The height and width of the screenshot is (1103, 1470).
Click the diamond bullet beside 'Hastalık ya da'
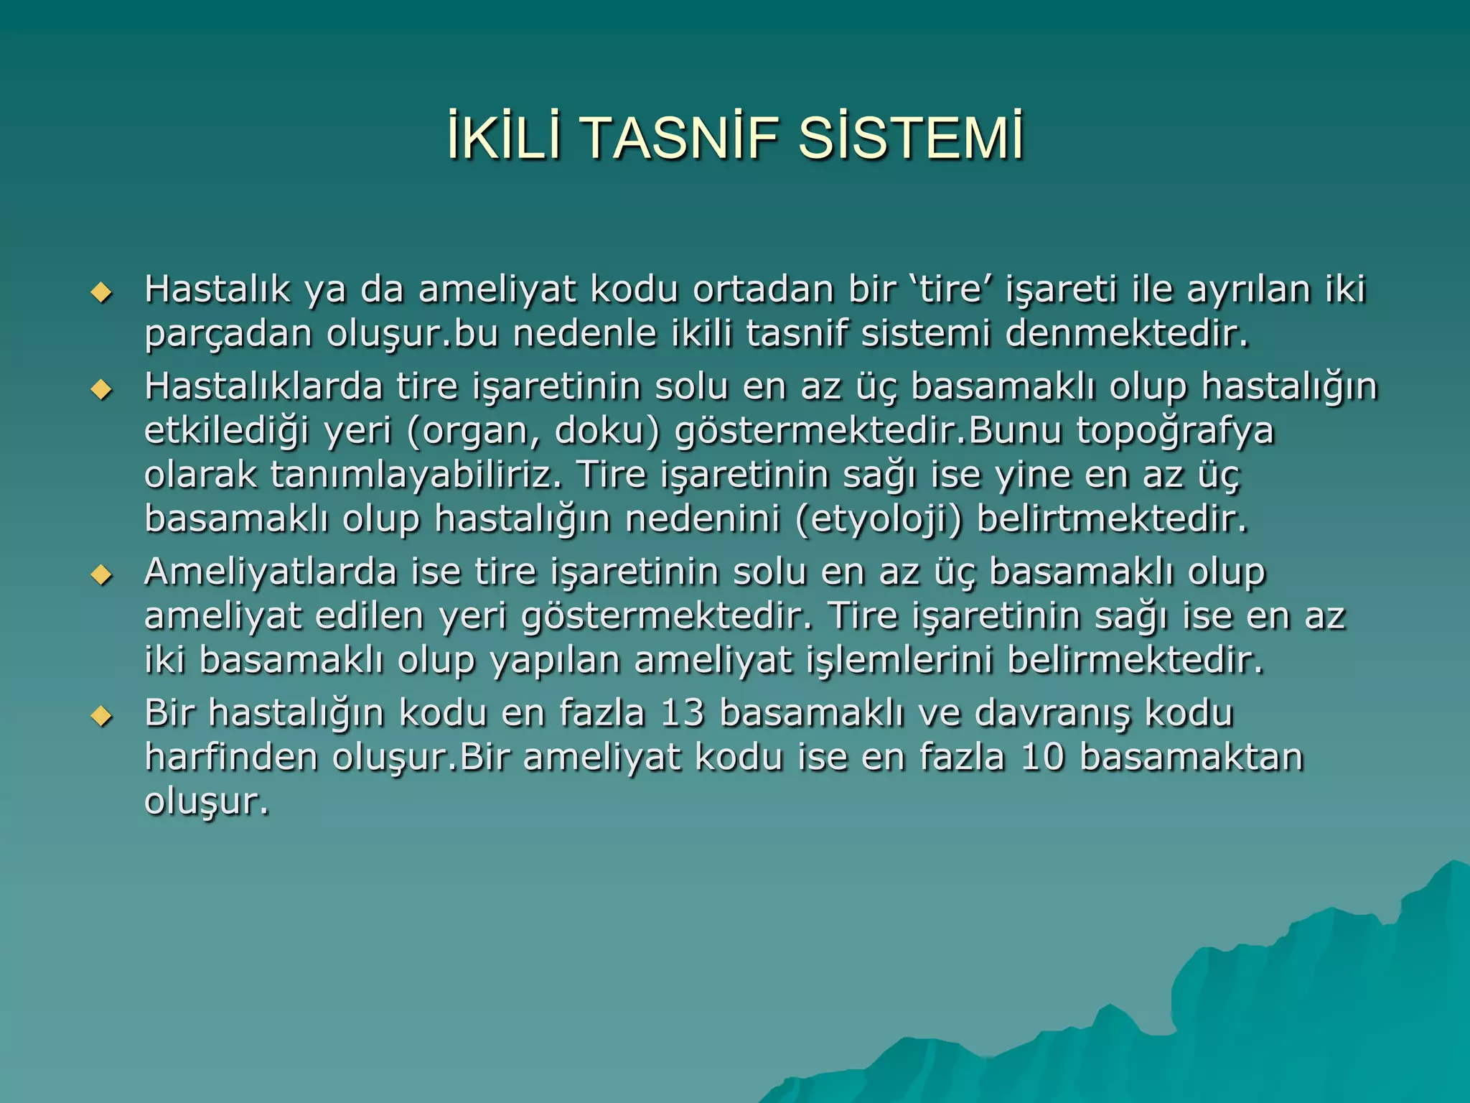click(x=102, y=293)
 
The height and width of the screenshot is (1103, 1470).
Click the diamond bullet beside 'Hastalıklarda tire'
click(x=102, y=390)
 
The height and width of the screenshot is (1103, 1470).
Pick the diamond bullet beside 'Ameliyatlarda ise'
click(x=102, y=575)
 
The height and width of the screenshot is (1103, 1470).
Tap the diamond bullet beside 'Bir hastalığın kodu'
click(x=102, y=716)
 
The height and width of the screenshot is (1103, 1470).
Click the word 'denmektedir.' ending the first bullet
click(x=1127, y=334)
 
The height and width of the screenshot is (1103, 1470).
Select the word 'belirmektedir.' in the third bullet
click(x=1135, y=660)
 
